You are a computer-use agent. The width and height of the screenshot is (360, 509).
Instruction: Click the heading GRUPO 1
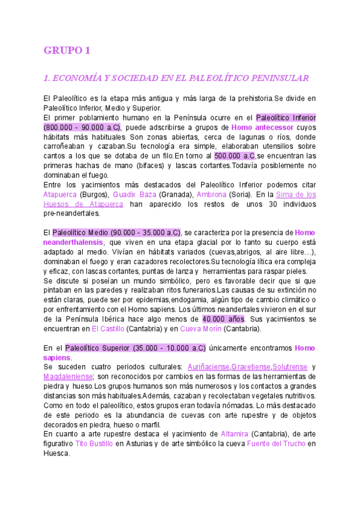[67, 50]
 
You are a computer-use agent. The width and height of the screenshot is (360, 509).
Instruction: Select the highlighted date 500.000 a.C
[235, 156]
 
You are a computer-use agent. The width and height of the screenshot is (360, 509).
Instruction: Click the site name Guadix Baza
[135, 194]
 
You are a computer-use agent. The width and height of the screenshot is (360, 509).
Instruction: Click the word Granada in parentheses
[178, 194]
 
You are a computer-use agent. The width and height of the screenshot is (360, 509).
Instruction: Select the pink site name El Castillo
[108, 328]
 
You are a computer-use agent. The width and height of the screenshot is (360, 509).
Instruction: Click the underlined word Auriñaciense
[208, 367]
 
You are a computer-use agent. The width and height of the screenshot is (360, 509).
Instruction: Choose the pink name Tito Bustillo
[91, 444]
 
